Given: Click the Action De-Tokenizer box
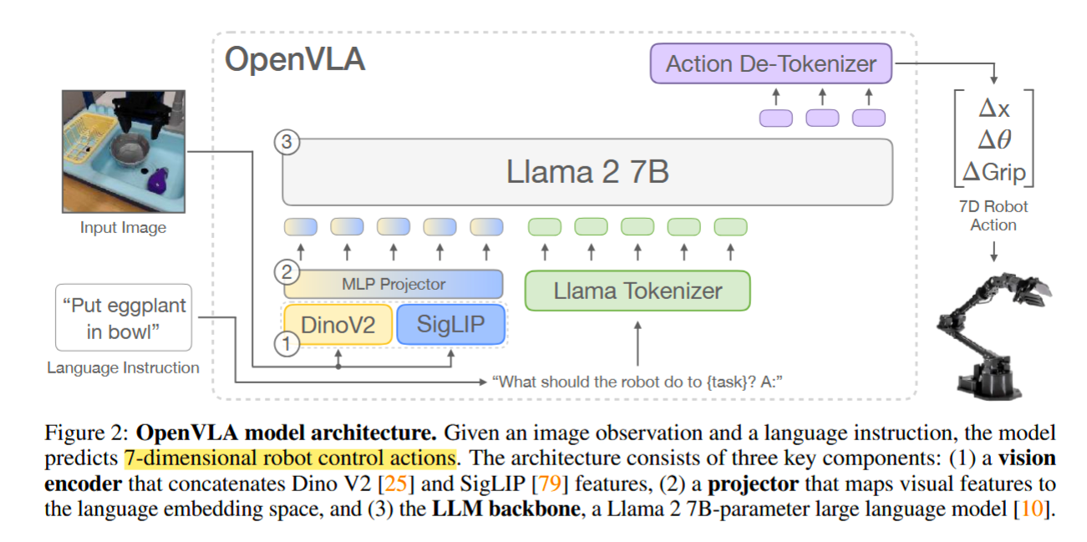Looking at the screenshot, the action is [x=771, y=63].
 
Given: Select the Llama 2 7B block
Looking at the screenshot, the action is [x=587, y=172].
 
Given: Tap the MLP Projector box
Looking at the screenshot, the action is [x=394, y=284].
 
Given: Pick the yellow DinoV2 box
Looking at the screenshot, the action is [x=338, y=325].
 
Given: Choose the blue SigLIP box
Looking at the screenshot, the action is [x=451, y=324].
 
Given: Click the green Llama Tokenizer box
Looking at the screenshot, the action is [x=637, y=291].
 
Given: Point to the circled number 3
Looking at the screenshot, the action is [x=287, y=142].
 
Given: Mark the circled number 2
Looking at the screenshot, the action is [x=287, y=272].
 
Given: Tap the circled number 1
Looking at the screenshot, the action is [x=287, y=344].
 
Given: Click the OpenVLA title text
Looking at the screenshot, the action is [x=295, y=59].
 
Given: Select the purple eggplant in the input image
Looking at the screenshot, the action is [x=158, y=180].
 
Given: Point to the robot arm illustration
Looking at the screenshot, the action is [x=993, y=336].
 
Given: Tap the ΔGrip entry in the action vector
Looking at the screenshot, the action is [x=993, y=172].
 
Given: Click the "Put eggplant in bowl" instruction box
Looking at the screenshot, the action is [x=124, y=318].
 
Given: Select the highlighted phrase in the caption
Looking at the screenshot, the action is [x=290, y=458].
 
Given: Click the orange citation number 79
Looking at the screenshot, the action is [x=550, y=484].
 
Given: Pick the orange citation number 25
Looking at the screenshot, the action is [x=396, y=484].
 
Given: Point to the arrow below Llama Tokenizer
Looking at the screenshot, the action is [x=637, y=343].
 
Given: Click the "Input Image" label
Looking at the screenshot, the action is [x=124, y=227].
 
